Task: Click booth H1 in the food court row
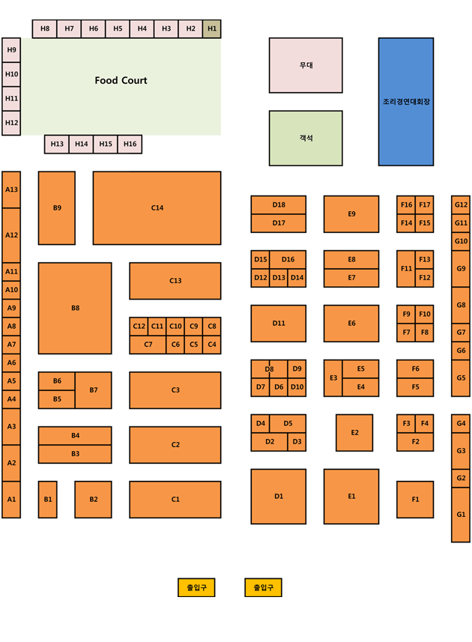coord(211,28)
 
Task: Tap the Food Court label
coord(121,80)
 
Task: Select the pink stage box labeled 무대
coord(306,65)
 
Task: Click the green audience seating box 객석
coord(306,138)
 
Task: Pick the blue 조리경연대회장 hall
coord(406,102)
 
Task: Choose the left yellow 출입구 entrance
coord(196,587)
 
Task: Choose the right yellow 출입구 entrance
coord(263,587)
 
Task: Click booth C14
coord(157,208)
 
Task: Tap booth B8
coord(75,308)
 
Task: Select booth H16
coord(130,144)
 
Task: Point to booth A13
coord(11,190)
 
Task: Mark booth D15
coord(261,259)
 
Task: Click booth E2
coord(354,432)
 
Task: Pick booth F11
coord(406,269)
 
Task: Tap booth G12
coord(461,205)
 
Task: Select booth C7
coord(148,345)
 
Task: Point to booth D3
coord(297,442)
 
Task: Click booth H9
coord(11,50)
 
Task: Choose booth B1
coord(47,500)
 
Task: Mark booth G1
coord(461,515)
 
